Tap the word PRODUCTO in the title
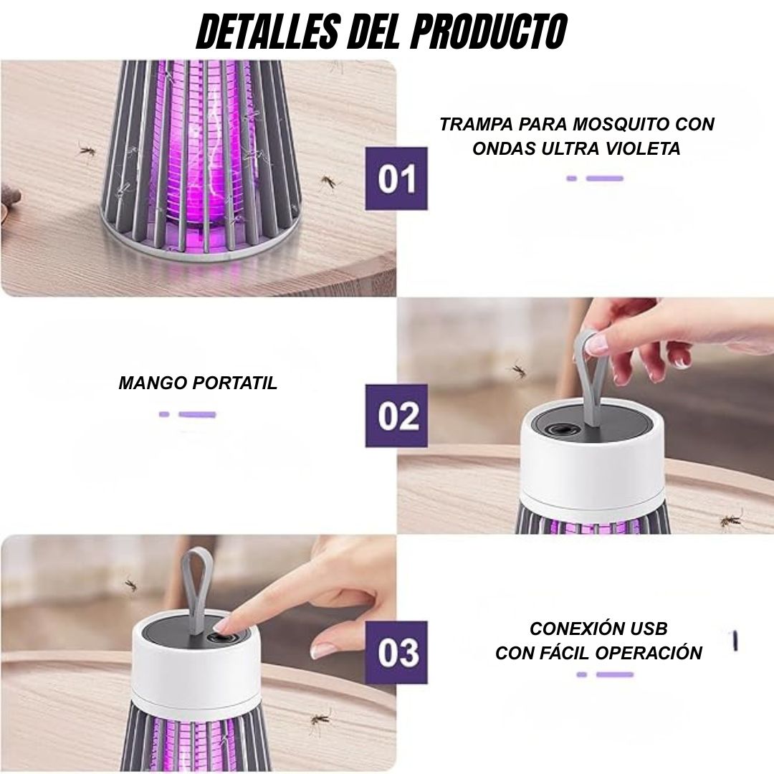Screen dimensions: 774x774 (x=489, y=31)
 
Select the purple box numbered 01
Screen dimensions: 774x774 (x=396, y=178)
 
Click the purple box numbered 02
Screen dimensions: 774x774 (x=396, y=416)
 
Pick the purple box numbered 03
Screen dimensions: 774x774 (x=396, y=653)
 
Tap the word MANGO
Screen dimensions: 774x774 (x=152, y=383)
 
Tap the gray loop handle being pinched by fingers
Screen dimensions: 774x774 (x=588, y=375)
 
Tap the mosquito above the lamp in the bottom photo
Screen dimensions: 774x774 (x=130, y=585)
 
